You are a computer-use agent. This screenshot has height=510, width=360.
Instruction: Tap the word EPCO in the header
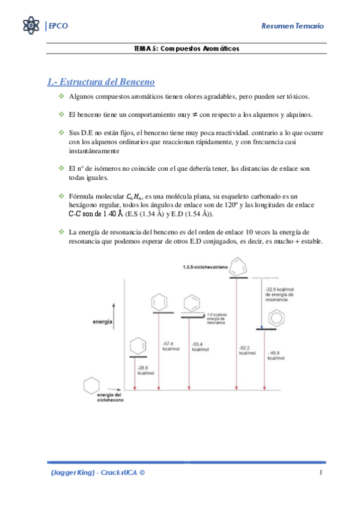(x=58, y=26)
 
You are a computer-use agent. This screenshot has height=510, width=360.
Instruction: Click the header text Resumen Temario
(x=293, y=26)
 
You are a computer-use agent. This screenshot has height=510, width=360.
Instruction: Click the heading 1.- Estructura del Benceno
(x=101, y=81)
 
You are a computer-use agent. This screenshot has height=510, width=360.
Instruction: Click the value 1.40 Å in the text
(x=111, y=213)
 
